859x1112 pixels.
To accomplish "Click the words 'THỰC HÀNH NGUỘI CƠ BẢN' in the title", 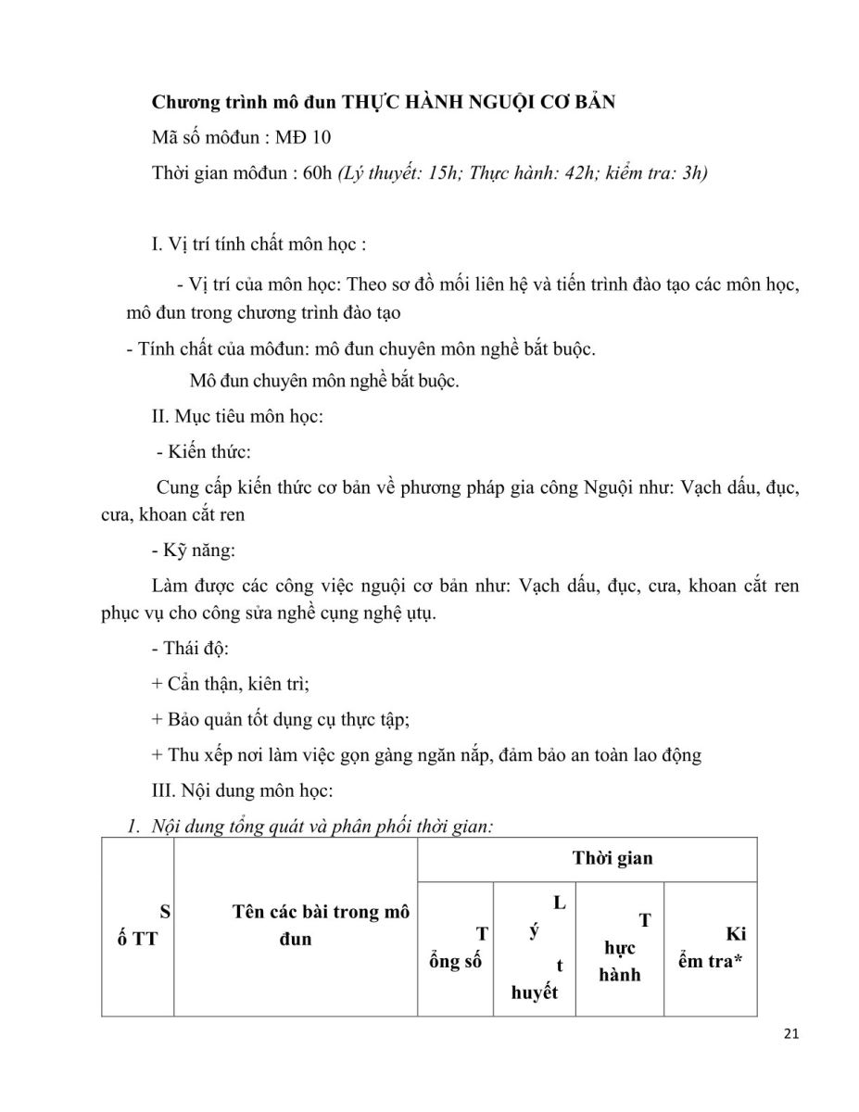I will pos(479,102).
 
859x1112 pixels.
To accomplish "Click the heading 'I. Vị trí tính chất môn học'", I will pos(259,245).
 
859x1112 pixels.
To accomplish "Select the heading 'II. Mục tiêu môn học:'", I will pos(236,417).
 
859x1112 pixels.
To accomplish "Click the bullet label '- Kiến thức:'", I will pos(204,452).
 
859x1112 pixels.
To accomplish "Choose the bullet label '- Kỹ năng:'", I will pos(193,550).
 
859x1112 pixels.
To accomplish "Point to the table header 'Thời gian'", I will pos(612,858).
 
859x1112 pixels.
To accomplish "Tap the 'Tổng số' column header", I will pos(456,949).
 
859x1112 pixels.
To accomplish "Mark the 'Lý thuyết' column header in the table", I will pos(536,948).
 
